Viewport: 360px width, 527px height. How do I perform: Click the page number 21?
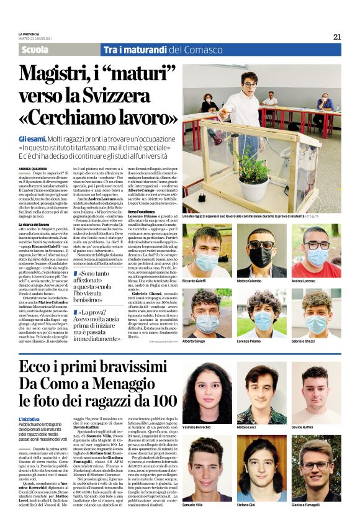pos(337,37)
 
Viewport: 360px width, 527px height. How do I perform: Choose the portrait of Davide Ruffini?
pos(315,392)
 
